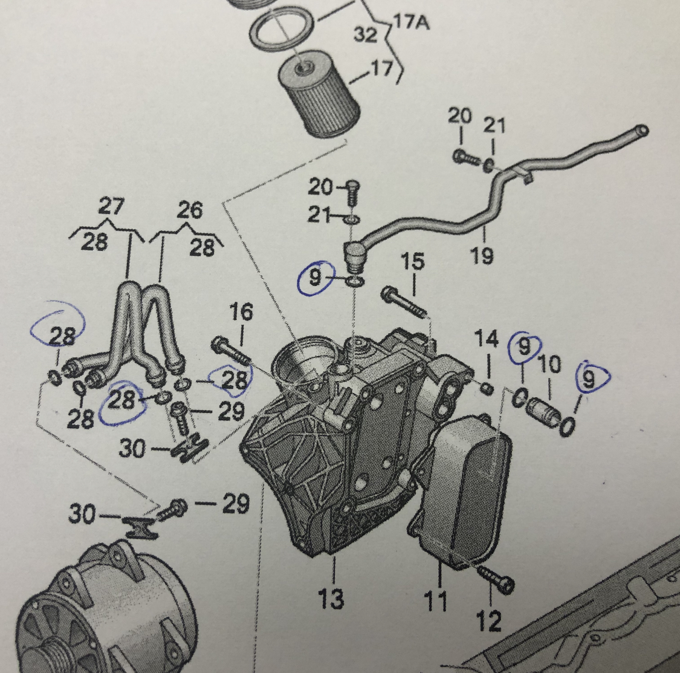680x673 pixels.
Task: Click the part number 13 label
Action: [x=332, y=598]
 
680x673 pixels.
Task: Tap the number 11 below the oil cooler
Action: [x=435, y=601]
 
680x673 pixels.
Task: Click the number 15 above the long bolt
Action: [x=413, y=262]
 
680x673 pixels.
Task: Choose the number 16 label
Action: [x=241, y=313]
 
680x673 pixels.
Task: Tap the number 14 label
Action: [x=487, y=340]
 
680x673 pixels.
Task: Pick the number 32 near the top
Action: [x=365, y=34]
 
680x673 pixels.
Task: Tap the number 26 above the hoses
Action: [x=190, y=210]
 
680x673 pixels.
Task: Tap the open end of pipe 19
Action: [x=643, y=130]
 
